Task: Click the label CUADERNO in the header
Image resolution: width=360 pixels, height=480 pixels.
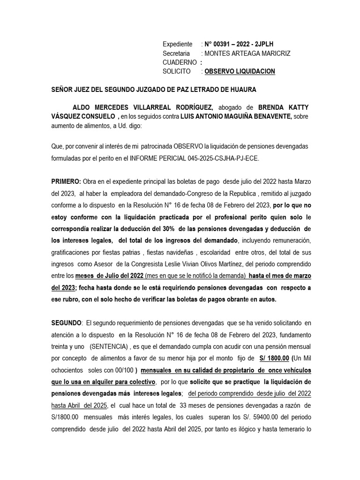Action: point(180,62)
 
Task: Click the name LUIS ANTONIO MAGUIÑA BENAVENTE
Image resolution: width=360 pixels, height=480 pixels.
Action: point(236,116)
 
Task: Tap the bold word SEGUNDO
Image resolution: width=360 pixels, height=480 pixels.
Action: point(67,322)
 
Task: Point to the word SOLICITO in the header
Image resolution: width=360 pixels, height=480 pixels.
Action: point(177,71)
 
